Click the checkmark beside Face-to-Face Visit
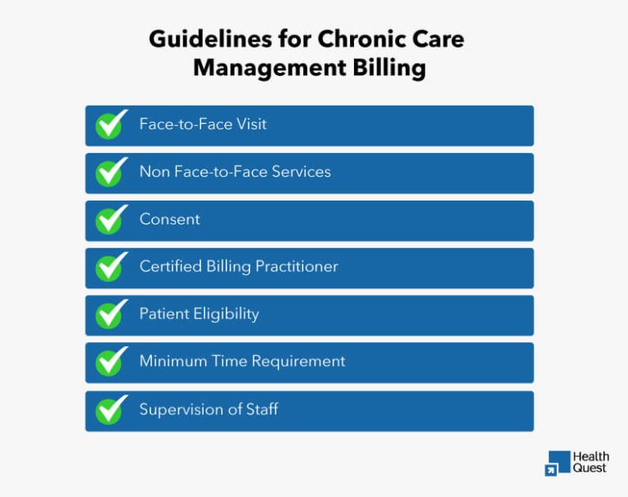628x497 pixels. tap(111, 124)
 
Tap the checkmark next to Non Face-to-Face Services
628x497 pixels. tap(111, 172)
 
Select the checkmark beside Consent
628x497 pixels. tap(111, 219)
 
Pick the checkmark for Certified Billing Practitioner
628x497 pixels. tap(111, 267)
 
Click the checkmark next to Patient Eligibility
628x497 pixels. tap(111, 314)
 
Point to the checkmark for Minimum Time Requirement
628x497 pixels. tap(111, 362)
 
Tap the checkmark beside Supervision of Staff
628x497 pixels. tap(111, 409)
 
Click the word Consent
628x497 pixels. tap(169, 219)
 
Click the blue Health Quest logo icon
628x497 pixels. tap(558, 463)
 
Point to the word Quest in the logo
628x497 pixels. tap(590, 468)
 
